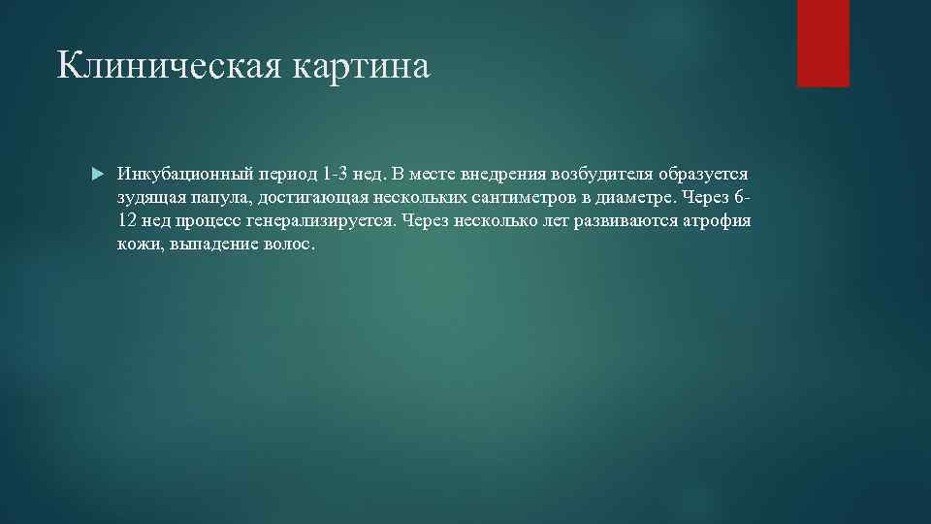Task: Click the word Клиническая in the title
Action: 156,67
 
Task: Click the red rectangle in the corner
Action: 822,43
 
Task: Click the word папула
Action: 215,198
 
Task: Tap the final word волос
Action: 289,245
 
